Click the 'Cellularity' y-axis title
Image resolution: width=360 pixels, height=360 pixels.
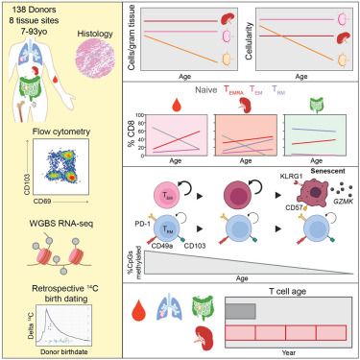pos(258,36)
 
